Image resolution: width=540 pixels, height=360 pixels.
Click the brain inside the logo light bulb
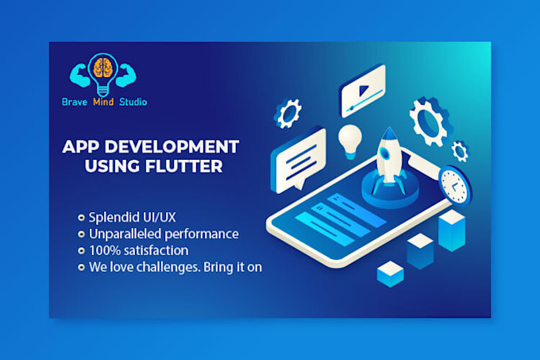101,69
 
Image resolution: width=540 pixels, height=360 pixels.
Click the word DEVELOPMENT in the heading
168,147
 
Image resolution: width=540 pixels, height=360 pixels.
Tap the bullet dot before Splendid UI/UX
82,217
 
